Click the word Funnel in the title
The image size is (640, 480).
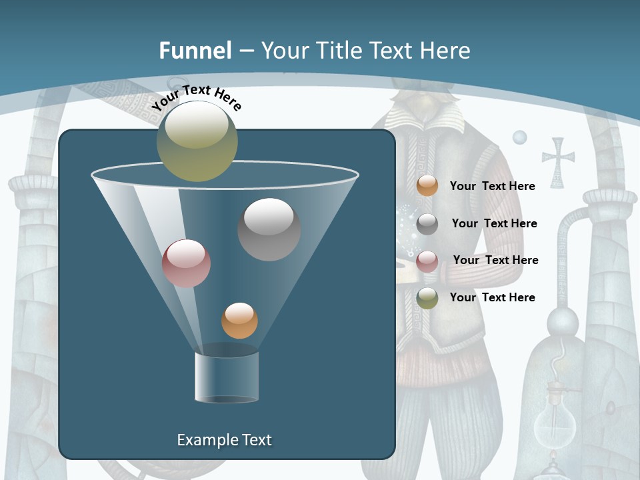pos(195,51)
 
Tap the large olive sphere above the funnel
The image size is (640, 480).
pos(197,141)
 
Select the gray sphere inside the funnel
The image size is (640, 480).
pos(269,229)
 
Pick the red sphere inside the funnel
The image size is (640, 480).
pos(186,263)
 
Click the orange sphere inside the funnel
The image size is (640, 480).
pos(239,321)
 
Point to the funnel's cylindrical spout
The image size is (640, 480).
pos(227,377)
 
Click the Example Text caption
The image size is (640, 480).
pos(224,440)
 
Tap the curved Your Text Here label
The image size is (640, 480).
pos(196,97)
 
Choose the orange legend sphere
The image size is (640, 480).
pos(427,186)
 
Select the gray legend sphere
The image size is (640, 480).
pos(427,224)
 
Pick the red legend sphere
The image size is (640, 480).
pos(427,261)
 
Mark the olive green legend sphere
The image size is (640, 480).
pos(427,298)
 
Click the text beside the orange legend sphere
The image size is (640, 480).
pos(492,186)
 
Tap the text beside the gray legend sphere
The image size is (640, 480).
pos(494,223)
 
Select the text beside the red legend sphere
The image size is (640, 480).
pos(495,260)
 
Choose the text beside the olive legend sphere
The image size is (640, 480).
pos(492,297)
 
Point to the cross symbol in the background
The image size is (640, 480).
pos(558,162)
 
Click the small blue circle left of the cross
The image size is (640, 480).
pos(519,137)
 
